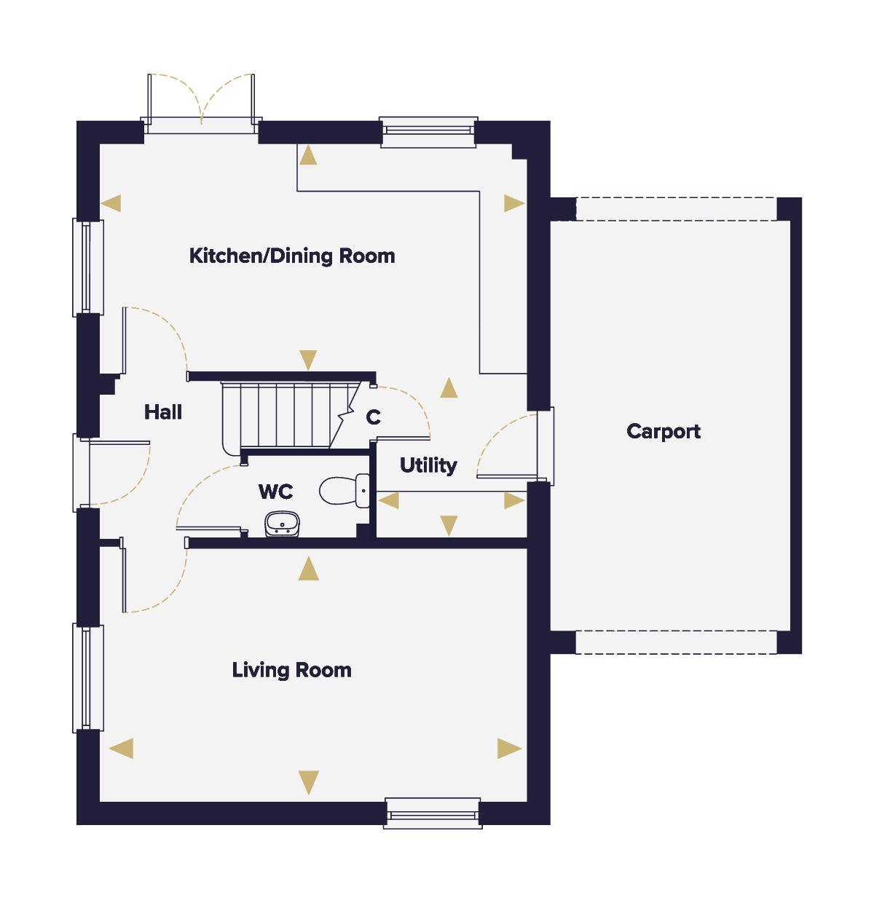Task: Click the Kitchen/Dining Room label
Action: click(292, 256)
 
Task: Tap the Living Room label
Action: click(291, 669)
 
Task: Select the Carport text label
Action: click(664, 432)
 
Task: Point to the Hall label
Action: click(163, 411)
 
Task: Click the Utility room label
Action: click(428, 465)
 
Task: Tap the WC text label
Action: click(276, 492)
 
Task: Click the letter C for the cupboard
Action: click(373, 417)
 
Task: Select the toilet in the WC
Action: click(344, 491)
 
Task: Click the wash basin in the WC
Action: click(282, 524)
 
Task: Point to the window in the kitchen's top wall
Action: click(428, 133)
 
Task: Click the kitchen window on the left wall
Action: click(87, 267)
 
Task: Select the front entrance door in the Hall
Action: click(111, 473)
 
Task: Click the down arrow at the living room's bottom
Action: click(309, 783)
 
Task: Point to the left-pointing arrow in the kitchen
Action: click(111, 203)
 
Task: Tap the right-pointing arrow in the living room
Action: click(510, 749)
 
